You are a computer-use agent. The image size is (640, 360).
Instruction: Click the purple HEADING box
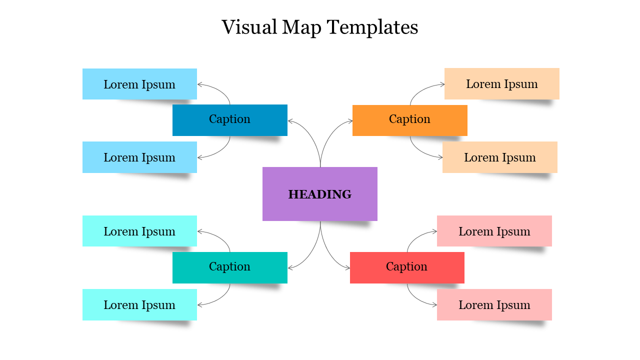[320, 194]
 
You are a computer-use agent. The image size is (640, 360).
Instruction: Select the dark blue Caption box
[230, 120]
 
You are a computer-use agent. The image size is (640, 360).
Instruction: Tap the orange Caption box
[410, 120]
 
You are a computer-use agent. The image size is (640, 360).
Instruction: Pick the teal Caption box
[230, 267]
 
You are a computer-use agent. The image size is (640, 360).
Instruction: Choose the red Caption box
[407, 267]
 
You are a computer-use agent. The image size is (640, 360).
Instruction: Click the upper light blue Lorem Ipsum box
[139, 84]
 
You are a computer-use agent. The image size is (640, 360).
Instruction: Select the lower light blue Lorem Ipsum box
[139, 157]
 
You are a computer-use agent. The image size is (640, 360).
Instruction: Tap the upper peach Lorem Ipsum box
[502, 83]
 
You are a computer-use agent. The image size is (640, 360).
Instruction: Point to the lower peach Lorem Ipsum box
[500, 157]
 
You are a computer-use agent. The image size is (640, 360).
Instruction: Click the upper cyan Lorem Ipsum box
[139, 231]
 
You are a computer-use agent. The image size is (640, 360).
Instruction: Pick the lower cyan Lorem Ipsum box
[139, 304]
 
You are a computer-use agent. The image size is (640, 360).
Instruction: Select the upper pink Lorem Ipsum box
[494, 231]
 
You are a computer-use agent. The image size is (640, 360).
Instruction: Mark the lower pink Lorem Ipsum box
[494, 304]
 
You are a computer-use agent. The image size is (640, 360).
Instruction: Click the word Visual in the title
[248, 27]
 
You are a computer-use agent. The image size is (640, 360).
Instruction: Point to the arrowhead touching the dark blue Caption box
[290, 120]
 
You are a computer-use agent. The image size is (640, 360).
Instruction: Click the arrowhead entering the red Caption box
[348, 268]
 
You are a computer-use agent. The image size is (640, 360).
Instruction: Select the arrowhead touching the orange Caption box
[350, 120]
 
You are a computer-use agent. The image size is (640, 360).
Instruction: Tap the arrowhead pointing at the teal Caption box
[290, 268]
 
